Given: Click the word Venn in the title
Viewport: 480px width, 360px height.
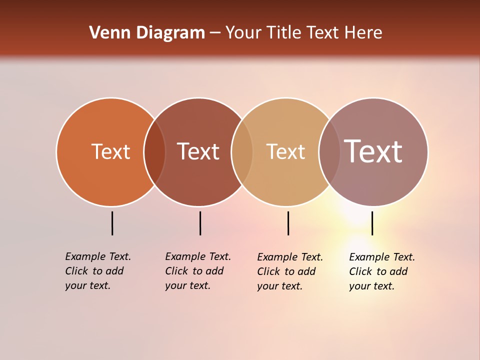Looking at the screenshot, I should pos(106,33).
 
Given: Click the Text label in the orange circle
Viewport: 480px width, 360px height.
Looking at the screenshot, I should pos(110,151).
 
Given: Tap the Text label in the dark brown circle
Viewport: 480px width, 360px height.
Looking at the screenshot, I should pos(198,151).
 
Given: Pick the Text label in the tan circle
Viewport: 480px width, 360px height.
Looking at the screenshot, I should pos(285,151).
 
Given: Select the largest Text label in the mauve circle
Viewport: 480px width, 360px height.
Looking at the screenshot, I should pos(373,151).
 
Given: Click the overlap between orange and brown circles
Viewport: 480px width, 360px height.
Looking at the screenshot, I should pos(154,151).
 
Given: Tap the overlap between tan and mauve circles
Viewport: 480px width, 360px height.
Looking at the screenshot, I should pos(329,151).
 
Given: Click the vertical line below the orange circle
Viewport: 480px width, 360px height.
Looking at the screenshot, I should pos(112,223).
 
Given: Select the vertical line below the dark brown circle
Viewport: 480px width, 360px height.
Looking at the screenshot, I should pos(200,223).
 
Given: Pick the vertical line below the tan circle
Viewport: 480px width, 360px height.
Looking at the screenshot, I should pos(288,223).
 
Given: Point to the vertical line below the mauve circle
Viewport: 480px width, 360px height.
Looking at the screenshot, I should pos(372,223).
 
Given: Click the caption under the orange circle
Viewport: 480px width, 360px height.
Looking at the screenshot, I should pos(98,271).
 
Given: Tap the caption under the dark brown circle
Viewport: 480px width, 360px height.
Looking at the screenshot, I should pos(198,271).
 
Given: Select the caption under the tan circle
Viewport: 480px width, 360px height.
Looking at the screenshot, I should pos(290,271).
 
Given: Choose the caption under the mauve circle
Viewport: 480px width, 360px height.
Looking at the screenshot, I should pos(382,271).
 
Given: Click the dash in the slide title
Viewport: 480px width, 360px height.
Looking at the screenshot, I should pos(215,33).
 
